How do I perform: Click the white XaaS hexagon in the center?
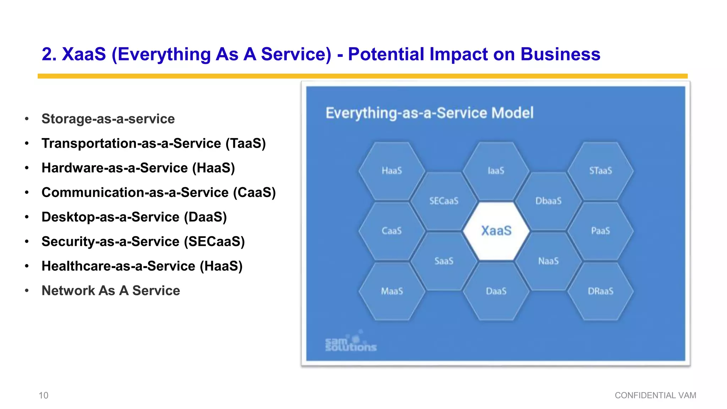[x=496, y=231]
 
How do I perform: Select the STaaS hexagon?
[x=601, y=171]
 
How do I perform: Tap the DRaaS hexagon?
[x=601, y=291]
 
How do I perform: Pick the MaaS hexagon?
[x=392, y=291]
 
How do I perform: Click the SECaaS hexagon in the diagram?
[x=444, y=201]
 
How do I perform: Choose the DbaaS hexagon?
[x=548, y=201]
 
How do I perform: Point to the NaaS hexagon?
[x=548, y=261]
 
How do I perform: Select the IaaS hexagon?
[x=496, y=171]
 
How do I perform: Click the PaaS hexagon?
[x=601, y=231]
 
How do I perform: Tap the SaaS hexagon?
[x=444, y=261]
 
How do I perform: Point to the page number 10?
[x=43, y=395]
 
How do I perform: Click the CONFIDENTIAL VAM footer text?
[x=655, y=395]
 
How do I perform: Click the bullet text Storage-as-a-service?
[x=108, y=119]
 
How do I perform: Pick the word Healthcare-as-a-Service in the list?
[x=118, y=266]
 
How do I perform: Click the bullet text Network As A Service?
[x=111, y=290]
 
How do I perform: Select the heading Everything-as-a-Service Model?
[x=430, y=113]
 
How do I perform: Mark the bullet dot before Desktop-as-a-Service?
[x=27, y=217]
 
